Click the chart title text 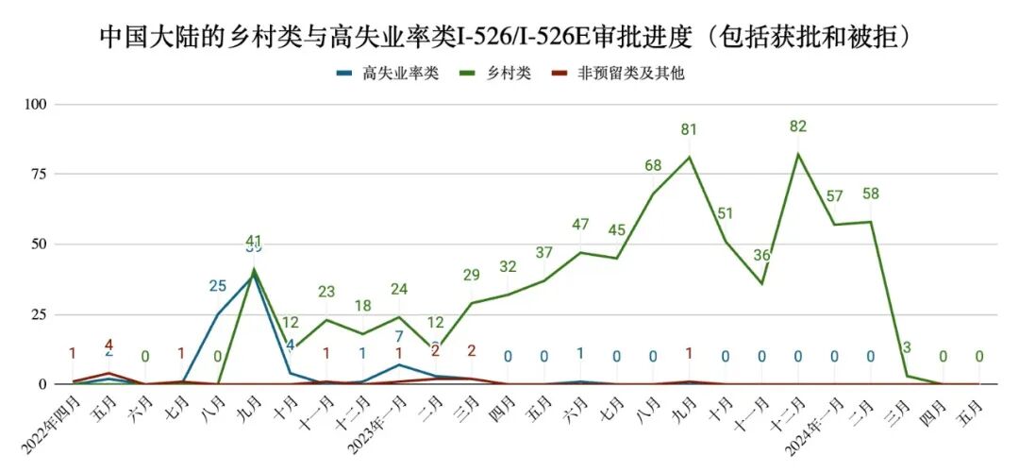509,37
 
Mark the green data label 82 798,126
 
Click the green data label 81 689,129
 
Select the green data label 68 653,166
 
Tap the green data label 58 871,194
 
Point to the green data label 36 761,256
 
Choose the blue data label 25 218,286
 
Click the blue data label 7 399,337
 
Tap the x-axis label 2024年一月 811,421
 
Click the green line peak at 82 798,154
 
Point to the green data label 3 907,348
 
